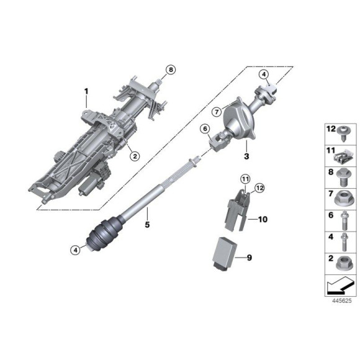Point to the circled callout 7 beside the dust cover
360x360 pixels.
click(217, 112)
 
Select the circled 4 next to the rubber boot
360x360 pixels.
click(75, 250)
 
